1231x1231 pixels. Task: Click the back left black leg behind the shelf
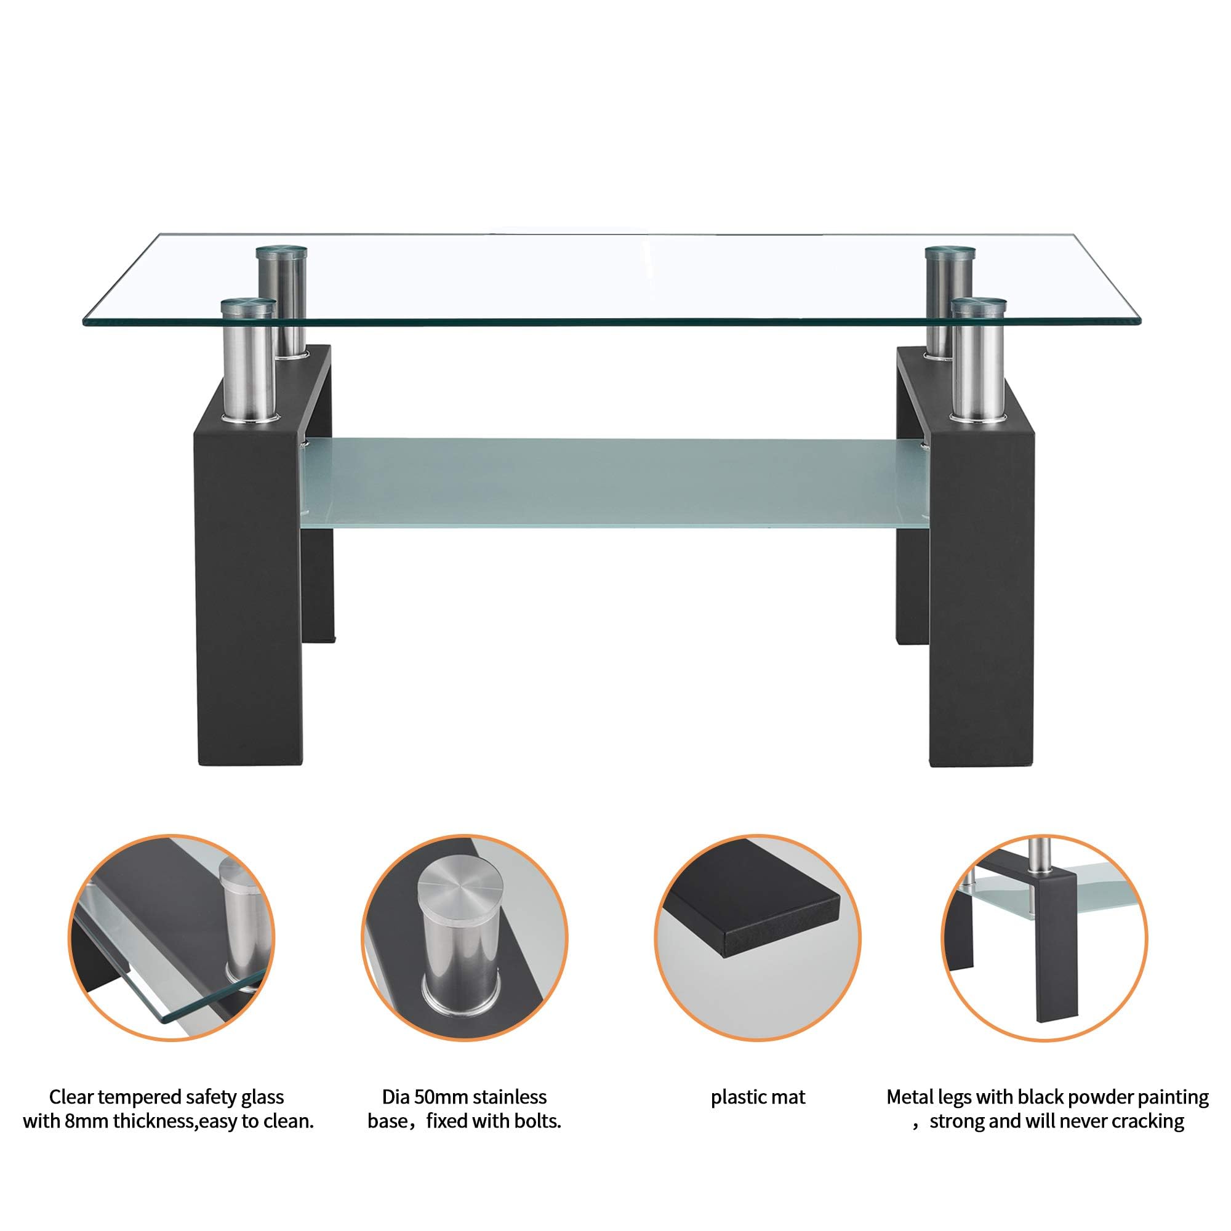pyautogui.click(x=318, y=574)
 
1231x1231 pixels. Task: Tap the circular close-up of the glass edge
pyautogui.click(x=171, y=937)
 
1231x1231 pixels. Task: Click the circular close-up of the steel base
pyautogui.click(x=465, y=937)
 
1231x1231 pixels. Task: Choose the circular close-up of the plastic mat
pyautogui.click(x=758, y=937)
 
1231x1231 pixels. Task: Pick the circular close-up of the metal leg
pyautogui.click(x=1045, y=937)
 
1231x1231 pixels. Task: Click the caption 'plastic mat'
pyautogui.click(x=758, y=1097)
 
